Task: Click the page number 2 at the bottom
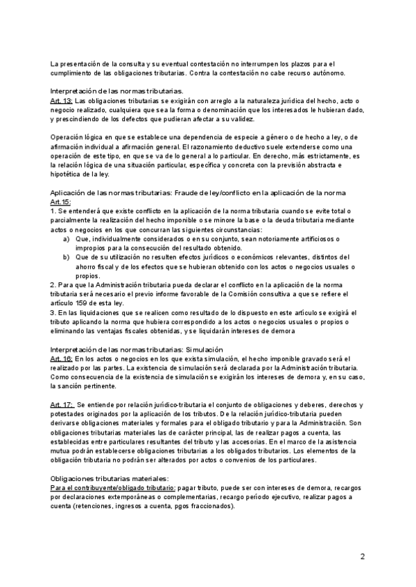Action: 363,556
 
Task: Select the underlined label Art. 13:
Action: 61,100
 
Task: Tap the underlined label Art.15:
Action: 61,201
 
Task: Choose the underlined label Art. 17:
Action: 62,404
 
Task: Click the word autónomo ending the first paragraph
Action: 333,73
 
